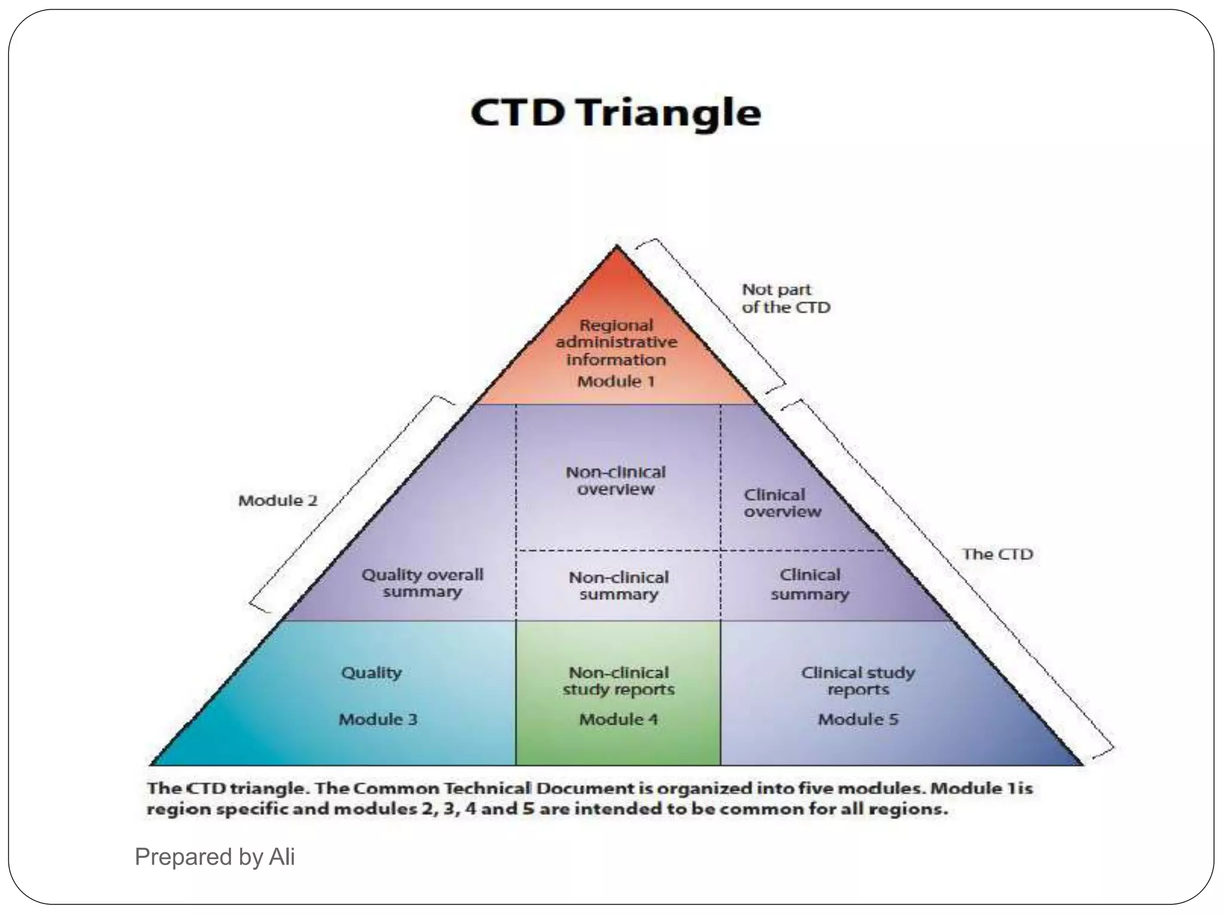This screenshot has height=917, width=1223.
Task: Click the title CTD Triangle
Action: (616, 113)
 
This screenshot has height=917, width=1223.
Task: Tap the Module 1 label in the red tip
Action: (616, 381)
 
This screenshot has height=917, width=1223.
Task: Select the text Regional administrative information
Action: (616, 343)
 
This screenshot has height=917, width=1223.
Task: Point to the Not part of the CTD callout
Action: (785, 299)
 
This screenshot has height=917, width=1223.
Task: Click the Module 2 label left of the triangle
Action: (278, 500)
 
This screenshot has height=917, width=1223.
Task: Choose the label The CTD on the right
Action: (997, 554)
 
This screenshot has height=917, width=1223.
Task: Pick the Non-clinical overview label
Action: (616, 481)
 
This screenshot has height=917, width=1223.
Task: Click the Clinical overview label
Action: (782, 503)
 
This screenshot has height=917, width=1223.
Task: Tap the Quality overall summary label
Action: (422, 583)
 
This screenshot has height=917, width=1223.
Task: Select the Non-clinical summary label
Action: (619, 586)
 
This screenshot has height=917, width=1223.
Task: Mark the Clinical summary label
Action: (810, 584)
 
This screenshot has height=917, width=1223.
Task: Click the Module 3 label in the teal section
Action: (378, 719)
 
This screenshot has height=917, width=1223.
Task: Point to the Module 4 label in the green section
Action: (619, 719)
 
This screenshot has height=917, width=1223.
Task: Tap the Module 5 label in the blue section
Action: (858, 719)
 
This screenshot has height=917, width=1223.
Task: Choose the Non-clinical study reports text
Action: (619, 681)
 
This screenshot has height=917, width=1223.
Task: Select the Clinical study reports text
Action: (858, 681)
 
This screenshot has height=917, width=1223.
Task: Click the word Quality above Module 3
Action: (371, 673)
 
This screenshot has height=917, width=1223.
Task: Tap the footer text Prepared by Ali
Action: (215, 857)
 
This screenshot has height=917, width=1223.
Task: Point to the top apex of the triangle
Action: (617, 248)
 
